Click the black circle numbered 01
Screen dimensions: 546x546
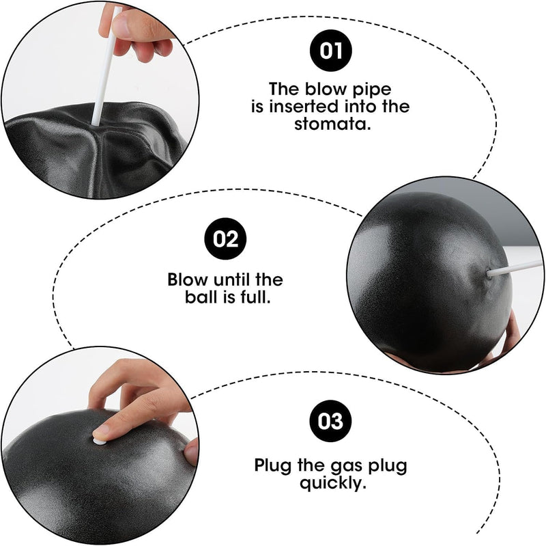(330, 51)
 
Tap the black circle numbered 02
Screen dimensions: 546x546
(225, 238)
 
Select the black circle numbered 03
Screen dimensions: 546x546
(330, 421)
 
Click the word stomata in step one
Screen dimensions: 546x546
(332, 124)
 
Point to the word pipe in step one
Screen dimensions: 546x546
(372, 91)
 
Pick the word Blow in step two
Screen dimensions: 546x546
(188, 279)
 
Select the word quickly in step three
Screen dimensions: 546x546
(333, 484)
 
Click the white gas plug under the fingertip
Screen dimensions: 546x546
(98, 441)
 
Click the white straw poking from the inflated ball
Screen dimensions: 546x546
(515, 267)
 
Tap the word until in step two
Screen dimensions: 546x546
(232, 279)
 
